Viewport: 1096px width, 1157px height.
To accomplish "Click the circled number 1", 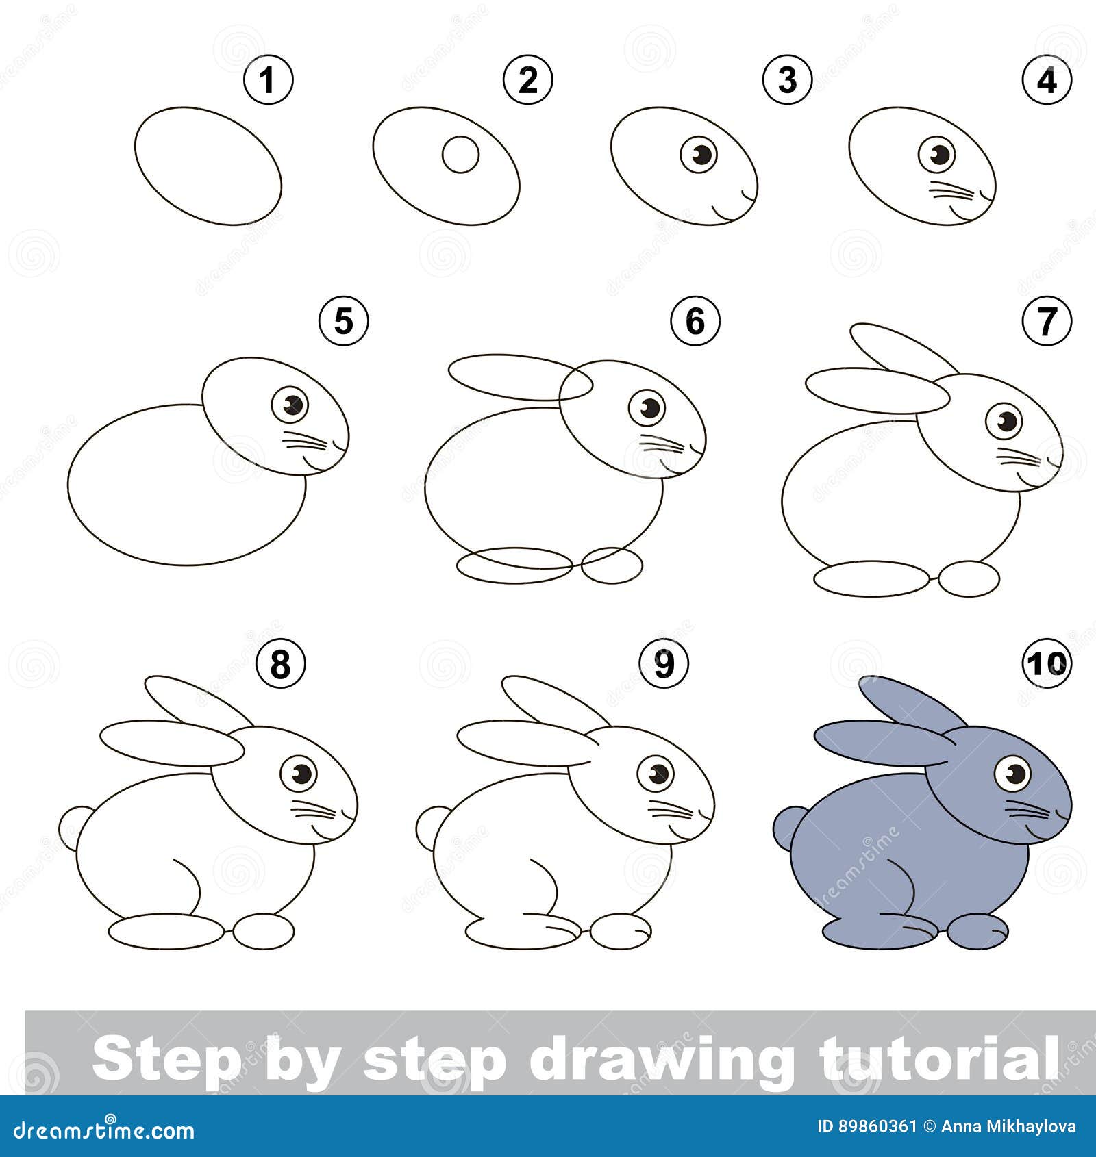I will (268, 80).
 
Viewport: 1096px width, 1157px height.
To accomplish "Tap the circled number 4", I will (1046, 80).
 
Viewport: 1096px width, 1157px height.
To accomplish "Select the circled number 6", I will (695, 320).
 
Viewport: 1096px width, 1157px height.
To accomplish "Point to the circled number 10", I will (1046, 662).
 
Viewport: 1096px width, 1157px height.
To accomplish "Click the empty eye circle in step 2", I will (460, 155).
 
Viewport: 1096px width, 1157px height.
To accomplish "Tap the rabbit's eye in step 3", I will (699, 154).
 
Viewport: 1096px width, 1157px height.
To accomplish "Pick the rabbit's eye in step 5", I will (290, 405).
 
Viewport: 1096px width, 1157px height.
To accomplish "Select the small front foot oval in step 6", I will (612, 565).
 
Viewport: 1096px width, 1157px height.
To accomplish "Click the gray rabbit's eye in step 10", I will (1012, 774).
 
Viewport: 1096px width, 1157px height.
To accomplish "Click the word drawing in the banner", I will (660, 1058).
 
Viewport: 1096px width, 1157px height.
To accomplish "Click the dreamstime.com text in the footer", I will (104, 1130).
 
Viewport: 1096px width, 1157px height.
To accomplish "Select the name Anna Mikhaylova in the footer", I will (1008, 1127).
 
